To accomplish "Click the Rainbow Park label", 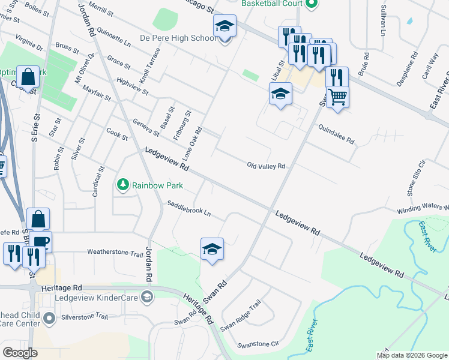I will pyautogui.click(x=158, y=186).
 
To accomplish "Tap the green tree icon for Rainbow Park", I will pyautogui.click(x=123, y=184).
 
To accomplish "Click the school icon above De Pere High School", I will pyautogui.click(x=225, y=26).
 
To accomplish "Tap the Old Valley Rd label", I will pyautogui.click(x=265, y=166).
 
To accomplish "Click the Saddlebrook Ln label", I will pyautogui.click(x=189, y=208).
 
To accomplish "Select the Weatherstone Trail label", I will pyautogui.click(x=115, y=253).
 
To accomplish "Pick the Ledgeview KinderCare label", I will pyautogui.click(x=97, y=298).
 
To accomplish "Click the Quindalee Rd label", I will pyautogui.click(x=337, y=136).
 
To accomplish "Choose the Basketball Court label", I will pyautogui.click(x=272, y=4).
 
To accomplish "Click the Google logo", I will pyautogui.click(x=20, y=353).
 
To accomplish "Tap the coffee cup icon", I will pyautogui.click(x=42, y=241).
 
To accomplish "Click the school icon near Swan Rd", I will pyautogui.click(x=212, y=248).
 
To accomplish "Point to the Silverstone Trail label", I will pyautogui.click(x=83, y=316).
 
